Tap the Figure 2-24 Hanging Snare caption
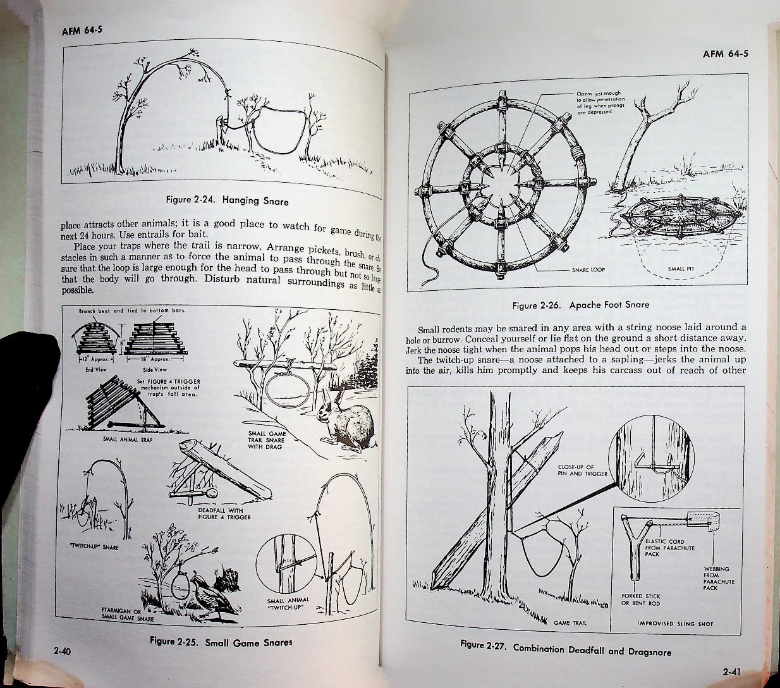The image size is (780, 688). click(x=226, y=201)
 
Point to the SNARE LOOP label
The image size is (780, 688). click(x=588, y=270)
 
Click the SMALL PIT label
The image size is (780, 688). click(x=681, y=269)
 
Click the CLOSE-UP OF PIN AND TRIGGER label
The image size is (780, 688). click(x=582, y=470)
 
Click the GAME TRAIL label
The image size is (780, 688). click(x=570, y=623)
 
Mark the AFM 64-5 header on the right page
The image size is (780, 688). click(x=725, y=53)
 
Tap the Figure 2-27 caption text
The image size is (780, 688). click(x=566, y=648)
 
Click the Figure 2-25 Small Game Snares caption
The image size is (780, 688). click(x=221, y=641)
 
